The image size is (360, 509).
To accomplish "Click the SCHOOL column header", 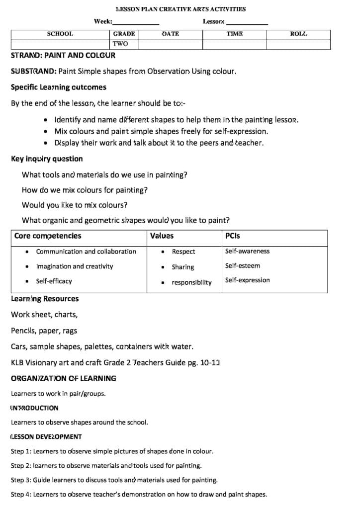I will coord(60,34).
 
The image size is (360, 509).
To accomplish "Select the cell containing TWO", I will coord(120,44).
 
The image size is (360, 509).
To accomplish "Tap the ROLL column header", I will coord(298,34).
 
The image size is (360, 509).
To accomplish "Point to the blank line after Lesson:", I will coord(247,22).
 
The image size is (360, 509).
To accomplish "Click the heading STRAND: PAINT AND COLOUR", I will coord(63,56).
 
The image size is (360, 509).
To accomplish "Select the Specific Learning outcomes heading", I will coord(59,87).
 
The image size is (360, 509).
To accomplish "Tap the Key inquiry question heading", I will coord(47,159).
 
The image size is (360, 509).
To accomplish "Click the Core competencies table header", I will coord(48,236).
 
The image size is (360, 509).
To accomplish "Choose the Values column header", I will coord(162,236).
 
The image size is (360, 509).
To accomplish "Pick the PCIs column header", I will coord(232,236).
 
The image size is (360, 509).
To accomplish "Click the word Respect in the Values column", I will coord(183,252).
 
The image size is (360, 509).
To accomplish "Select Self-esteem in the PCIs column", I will coord(242,266).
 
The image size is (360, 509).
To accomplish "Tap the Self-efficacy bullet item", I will coord(54,281).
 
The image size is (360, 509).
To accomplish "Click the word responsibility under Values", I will coord(191,283).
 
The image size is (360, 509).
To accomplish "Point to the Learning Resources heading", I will coord(45,299).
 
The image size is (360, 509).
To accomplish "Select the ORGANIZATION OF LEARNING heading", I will coord(64,378).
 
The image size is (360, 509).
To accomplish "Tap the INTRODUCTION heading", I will coord(35,408).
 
